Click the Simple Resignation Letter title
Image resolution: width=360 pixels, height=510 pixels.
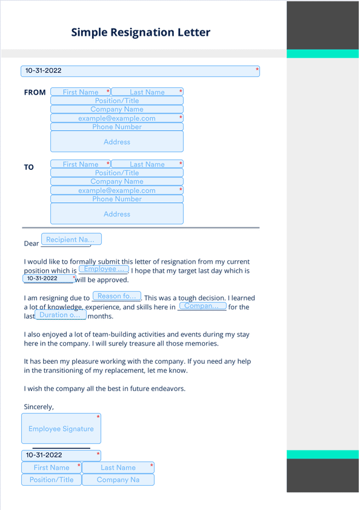click(x=141, y=32)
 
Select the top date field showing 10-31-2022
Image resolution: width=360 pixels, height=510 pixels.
click(x=140, y=71)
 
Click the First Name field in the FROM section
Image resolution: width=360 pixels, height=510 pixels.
click(x=81, y=92)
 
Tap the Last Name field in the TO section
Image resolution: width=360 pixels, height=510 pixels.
click(x=147, y=164)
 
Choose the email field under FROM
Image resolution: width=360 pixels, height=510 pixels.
click(x=116, y=118)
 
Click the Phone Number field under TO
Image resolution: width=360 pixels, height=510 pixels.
click(x=116, y=199)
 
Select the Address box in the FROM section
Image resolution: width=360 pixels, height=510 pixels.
click(x=116, y=142)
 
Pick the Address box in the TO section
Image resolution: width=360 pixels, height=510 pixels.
click(x=116, y=214)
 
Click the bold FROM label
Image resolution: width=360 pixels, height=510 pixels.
click(x=35, y=93)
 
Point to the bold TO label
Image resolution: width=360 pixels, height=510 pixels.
click(x=29, y=167)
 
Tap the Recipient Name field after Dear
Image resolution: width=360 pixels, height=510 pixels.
click(x=71, y=240)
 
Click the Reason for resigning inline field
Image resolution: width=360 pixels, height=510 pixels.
click(x=117, y=297)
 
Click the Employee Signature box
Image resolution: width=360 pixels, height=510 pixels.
click(x=61, y=429)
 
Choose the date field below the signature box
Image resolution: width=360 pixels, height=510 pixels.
click(x=61, y=455)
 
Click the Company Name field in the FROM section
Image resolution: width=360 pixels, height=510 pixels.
click(x=116, y=110)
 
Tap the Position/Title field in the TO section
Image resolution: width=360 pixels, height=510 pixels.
click(x=116, y=173)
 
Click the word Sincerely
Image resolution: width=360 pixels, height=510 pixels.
click(x=39, y=407)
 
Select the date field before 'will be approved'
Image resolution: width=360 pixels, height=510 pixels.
click(x=49, y=278)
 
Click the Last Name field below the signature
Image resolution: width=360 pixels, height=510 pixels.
click(x=118, y=468)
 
